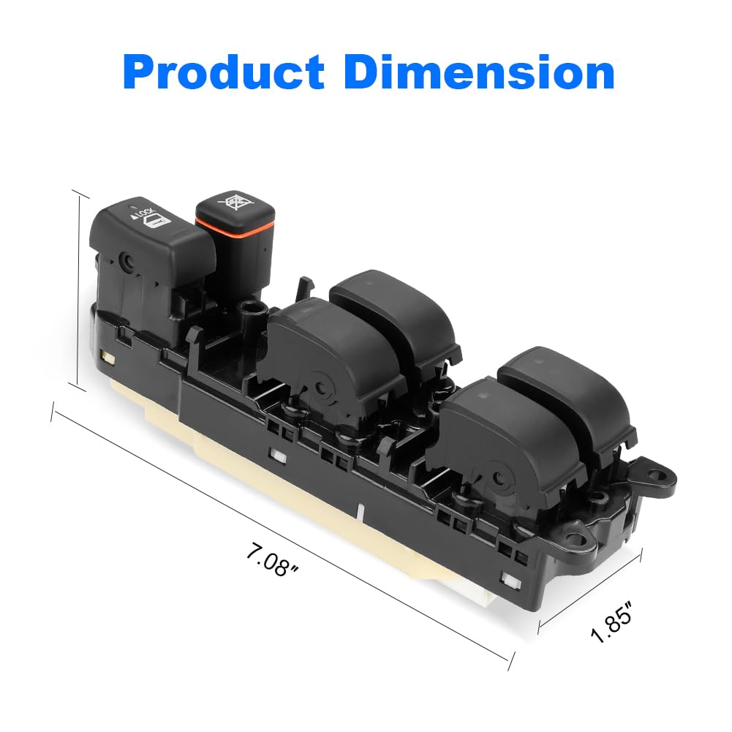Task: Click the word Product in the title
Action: (224, 73)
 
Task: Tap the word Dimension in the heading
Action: (479, 73)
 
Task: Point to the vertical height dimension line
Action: (79, 289)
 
